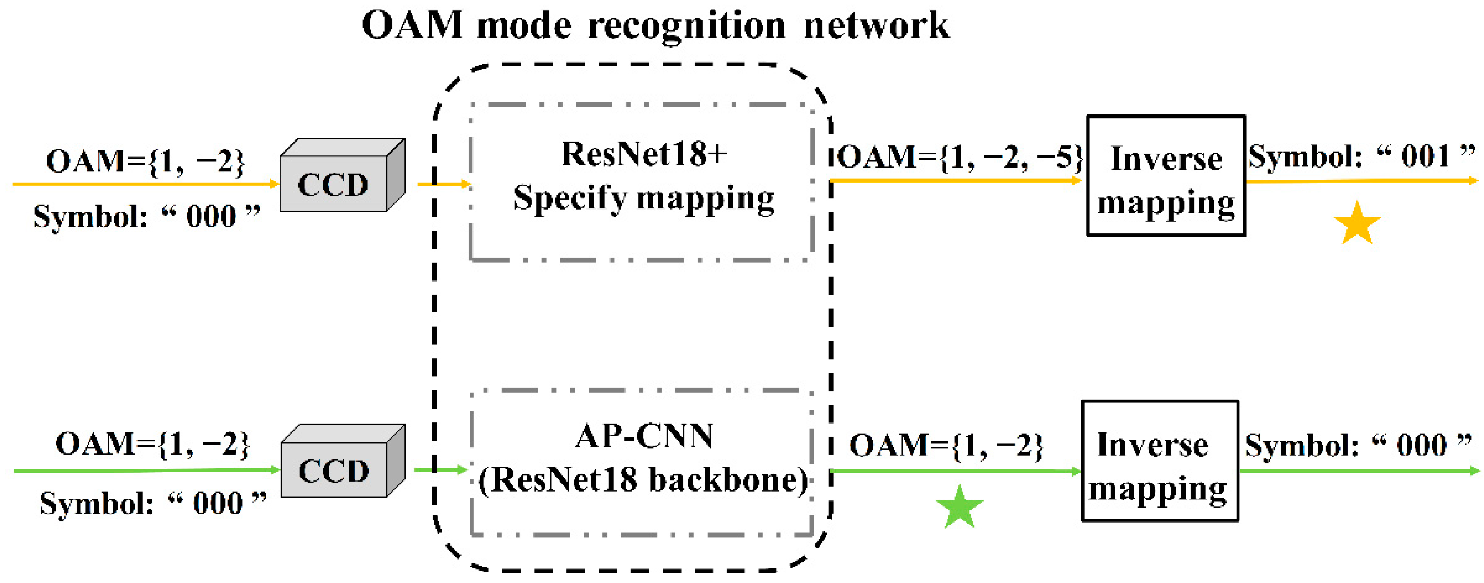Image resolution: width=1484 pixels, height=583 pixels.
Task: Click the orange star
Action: point(1357,224)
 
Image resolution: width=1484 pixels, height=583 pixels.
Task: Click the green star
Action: point(960,508)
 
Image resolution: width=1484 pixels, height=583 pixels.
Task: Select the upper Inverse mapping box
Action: point(1166,176)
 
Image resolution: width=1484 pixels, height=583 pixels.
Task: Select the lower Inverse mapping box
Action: point(1160,461)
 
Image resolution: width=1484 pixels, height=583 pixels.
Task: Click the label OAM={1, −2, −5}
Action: point(960,157)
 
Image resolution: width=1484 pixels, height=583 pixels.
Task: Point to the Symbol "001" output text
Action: point(1362,156)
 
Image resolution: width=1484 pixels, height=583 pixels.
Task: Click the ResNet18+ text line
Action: point(644,154)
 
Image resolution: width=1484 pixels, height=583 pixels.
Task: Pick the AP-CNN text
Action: point(644,436)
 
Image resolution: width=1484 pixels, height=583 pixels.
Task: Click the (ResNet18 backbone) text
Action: point(644,480)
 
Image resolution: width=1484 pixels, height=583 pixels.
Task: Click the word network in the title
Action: point(876,26)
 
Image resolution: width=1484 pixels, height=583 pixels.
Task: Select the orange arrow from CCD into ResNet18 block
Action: point(443,184)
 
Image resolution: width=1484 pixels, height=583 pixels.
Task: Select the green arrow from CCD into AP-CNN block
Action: point(441,470)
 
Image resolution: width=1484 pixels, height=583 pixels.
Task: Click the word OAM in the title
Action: point(412,25)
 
